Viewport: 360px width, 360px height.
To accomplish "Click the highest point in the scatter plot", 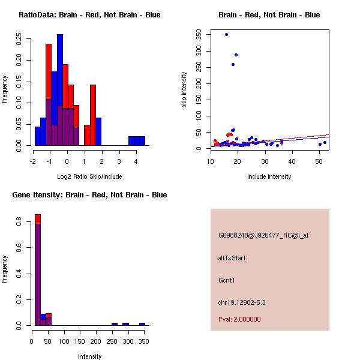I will (226, 34).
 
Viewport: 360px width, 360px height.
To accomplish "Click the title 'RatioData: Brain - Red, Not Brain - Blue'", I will (89, 14).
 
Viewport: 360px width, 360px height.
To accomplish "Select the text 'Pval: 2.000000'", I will (239, 319).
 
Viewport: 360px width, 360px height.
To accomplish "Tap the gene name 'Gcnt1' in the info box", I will (227, 280).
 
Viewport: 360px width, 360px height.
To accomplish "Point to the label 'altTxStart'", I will (232, 258).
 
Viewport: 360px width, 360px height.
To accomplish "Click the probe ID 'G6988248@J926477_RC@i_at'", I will (263, 236).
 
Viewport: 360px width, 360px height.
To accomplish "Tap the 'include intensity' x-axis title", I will (269, 176).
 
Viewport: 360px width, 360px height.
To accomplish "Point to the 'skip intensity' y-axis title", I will (184, 90).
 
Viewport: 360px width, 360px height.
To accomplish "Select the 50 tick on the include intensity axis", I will (319, 160).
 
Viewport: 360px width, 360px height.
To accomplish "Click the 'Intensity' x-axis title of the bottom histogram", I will (90, 356).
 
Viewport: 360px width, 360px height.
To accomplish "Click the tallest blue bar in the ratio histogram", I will (60, 90).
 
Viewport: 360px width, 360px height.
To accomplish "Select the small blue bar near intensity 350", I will (142, 324).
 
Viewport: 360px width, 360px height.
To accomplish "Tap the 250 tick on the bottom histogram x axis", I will (112, 340).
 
